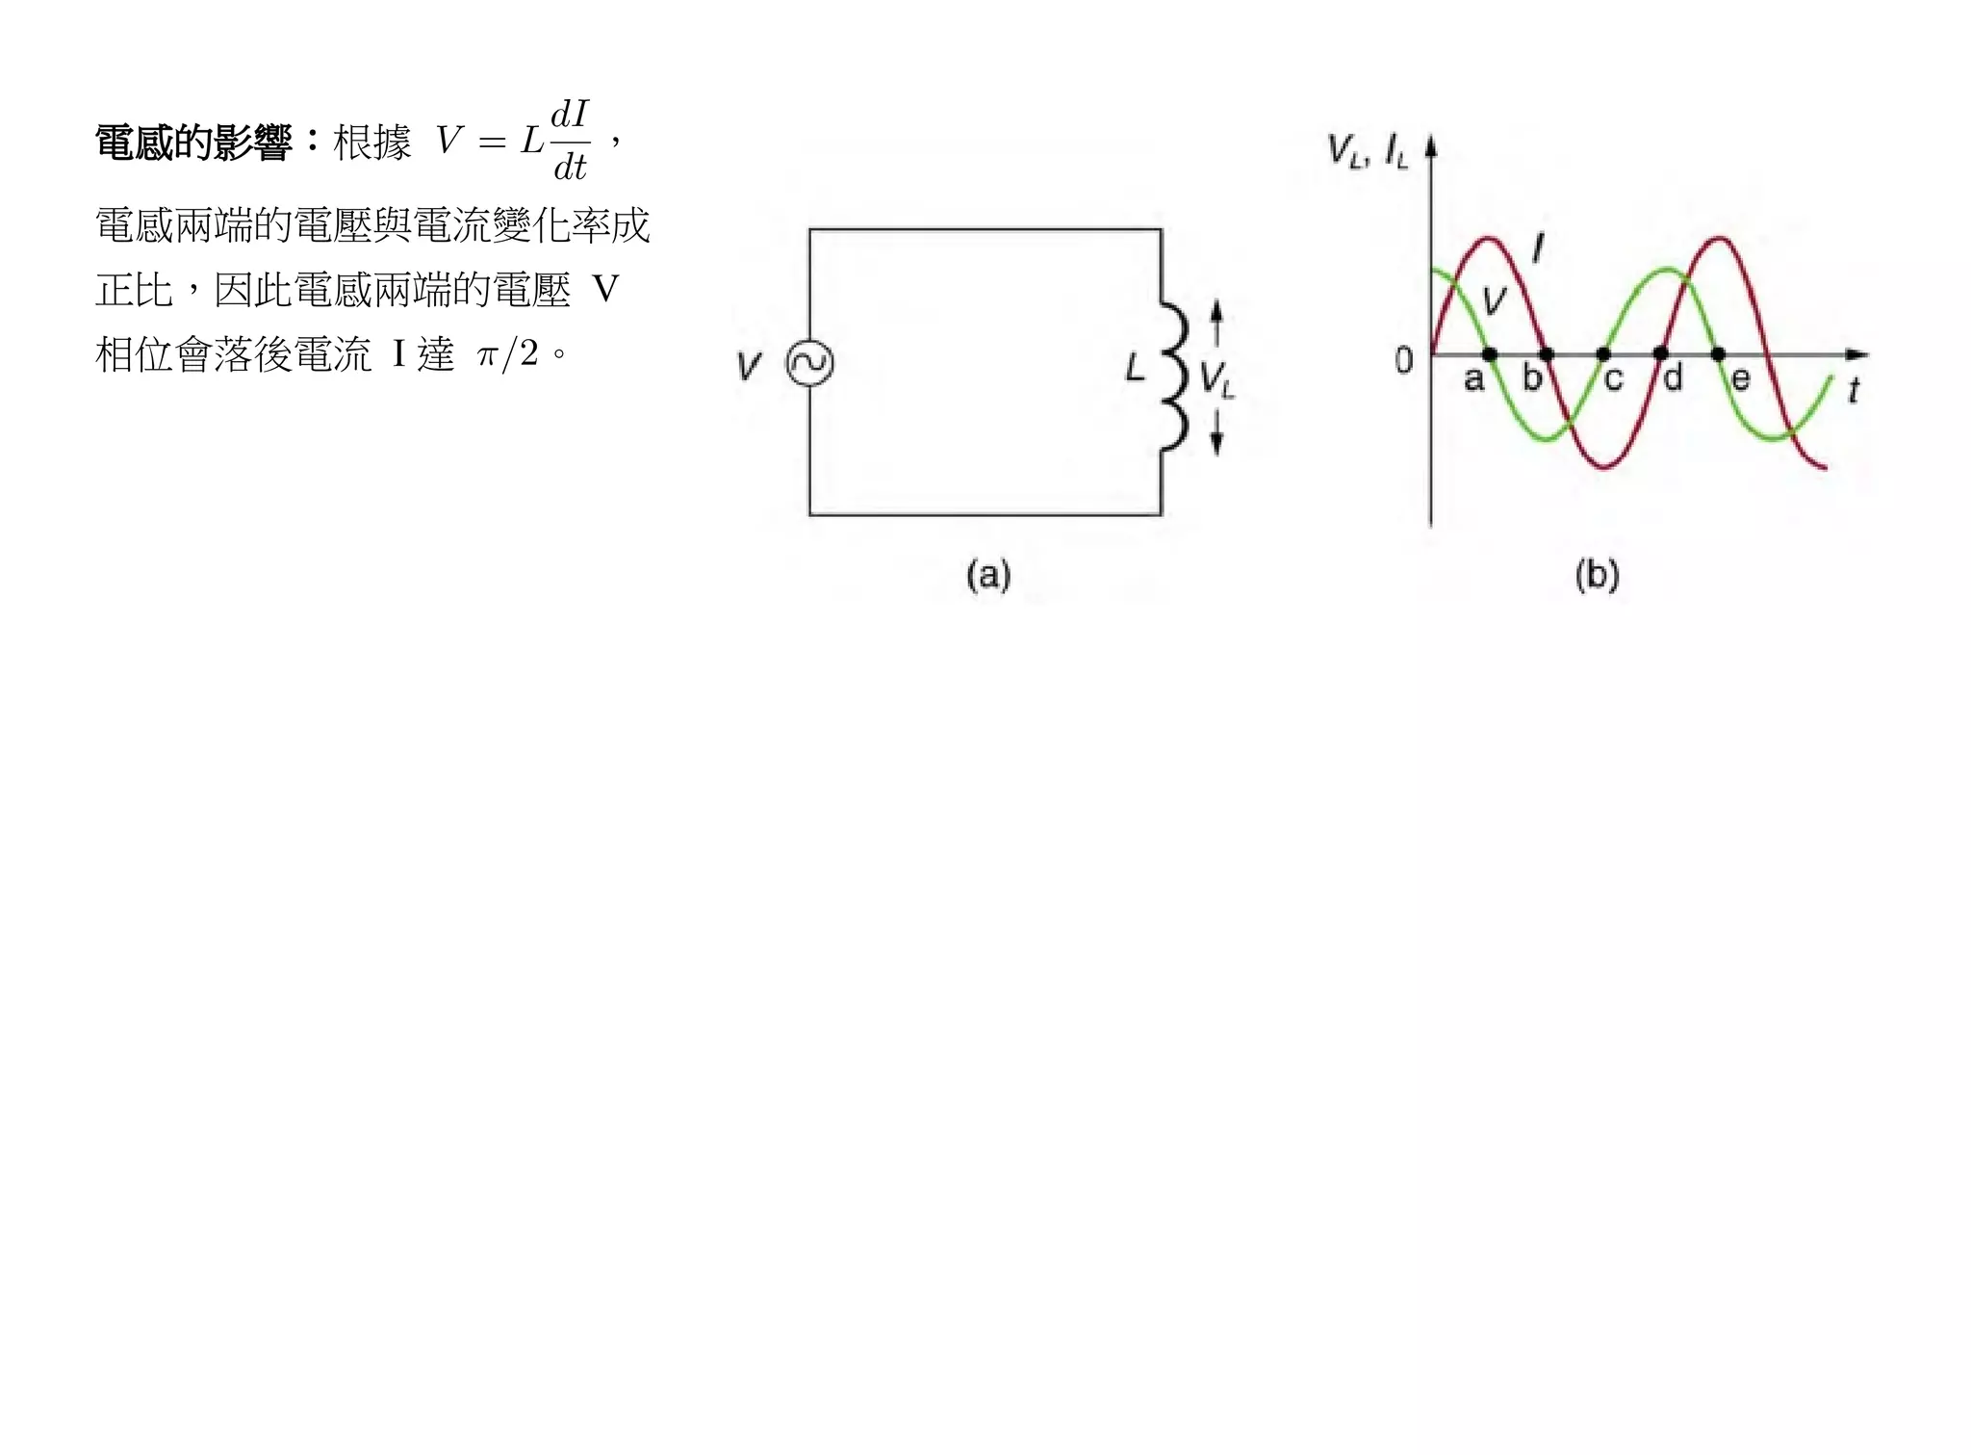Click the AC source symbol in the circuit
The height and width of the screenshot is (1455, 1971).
coord(809,364)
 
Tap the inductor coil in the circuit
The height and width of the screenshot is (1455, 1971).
coord(1172,376)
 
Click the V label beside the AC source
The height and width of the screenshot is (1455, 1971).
coord(749,366)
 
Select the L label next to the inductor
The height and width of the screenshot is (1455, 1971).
coord(1136,368)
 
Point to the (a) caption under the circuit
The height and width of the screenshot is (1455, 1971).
coord(988,575)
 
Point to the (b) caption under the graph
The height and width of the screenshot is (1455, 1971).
coord(1597,575)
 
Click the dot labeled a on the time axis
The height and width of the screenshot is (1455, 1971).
coord(1489,354)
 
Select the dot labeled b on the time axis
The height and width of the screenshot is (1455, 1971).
coord(1547,354)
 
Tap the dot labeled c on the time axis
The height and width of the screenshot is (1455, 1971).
coord(1603,354)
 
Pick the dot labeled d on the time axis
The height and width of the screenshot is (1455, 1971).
coord(1660,354)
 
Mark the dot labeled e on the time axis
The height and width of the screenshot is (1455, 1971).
coord(1718,354)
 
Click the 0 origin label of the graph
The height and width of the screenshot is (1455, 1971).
coord(1404,361)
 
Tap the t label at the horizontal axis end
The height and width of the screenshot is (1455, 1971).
coord(1853,390)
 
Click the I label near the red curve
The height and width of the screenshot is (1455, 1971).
coord(1538,248)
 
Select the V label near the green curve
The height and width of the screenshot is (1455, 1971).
coord(1494,299)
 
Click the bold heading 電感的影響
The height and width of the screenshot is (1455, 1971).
coord(192,143)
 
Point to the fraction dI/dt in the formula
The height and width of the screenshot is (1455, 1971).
coord(570,141)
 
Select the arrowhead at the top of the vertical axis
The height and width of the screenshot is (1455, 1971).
coord(1431,145)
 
